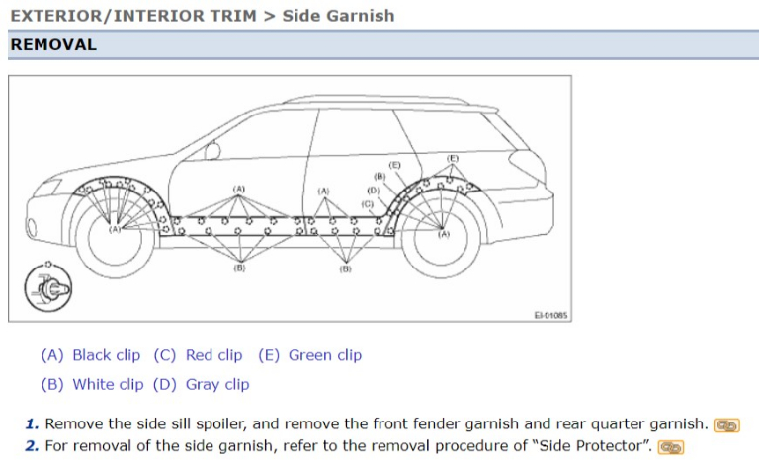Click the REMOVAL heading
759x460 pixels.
(x=53, y=45)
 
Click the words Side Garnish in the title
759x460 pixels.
(x=338, y=16)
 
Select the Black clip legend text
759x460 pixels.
(x=107, y=355)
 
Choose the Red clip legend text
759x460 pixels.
(x=213, y=355)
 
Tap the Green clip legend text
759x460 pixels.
(x=325, y=355)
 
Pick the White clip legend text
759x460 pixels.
(x=108, y=385)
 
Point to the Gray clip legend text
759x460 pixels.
(x=217, y=385)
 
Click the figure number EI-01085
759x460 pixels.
(x=550, y=315)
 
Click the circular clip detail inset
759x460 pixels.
(x=47, y=287)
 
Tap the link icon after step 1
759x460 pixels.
(x=726, y=425)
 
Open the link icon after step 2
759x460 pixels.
(x=670, y=447)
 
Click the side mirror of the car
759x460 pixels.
(x=212, y=151)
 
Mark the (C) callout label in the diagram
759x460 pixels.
(x=368, y=204)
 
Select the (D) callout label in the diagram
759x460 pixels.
(x=373, y=191)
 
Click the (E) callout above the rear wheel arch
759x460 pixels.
(x=452, y=159)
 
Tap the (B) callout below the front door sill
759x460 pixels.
(x=239, y=268)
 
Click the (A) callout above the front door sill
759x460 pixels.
(x=238, y=189)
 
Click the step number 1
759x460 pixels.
(x=32, y=424)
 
